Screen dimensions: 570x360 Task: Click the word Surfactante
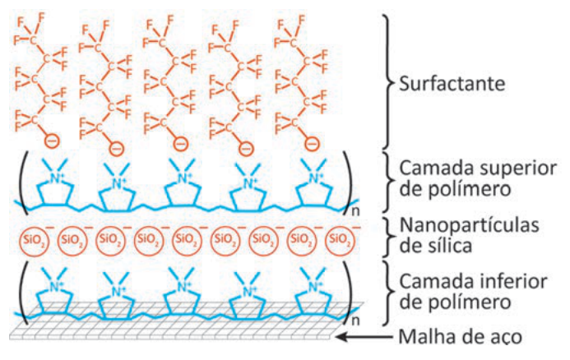pyautogui.click(x=452, y=84)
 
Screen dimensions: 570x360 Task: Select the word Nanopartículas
pyautogui.click(x=469, y=226)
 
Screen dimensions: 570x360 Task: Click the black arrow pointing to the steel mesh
pyautogui.click(x=364, y=337)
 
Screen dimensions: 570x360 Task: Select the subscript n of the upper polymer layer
pyautogui.click(x=355, y=211)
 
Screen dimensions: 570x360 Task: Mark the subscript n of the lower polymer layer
pyautogui.click(x=355, y=321)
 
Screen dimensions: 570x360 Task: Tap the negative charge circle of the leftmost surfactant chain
pyautogui.click(x=52, y=141)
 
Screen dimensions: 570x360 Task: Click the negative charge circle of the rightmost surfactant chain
pyautogui.click(x=312, y=144)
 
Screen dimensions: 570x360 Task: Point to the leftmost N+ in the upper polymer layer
pyautogui.click(x=56, y=178)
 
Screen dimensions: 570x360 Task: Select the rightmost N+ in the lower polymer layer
pyautogui.click(x=315, y=287)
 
